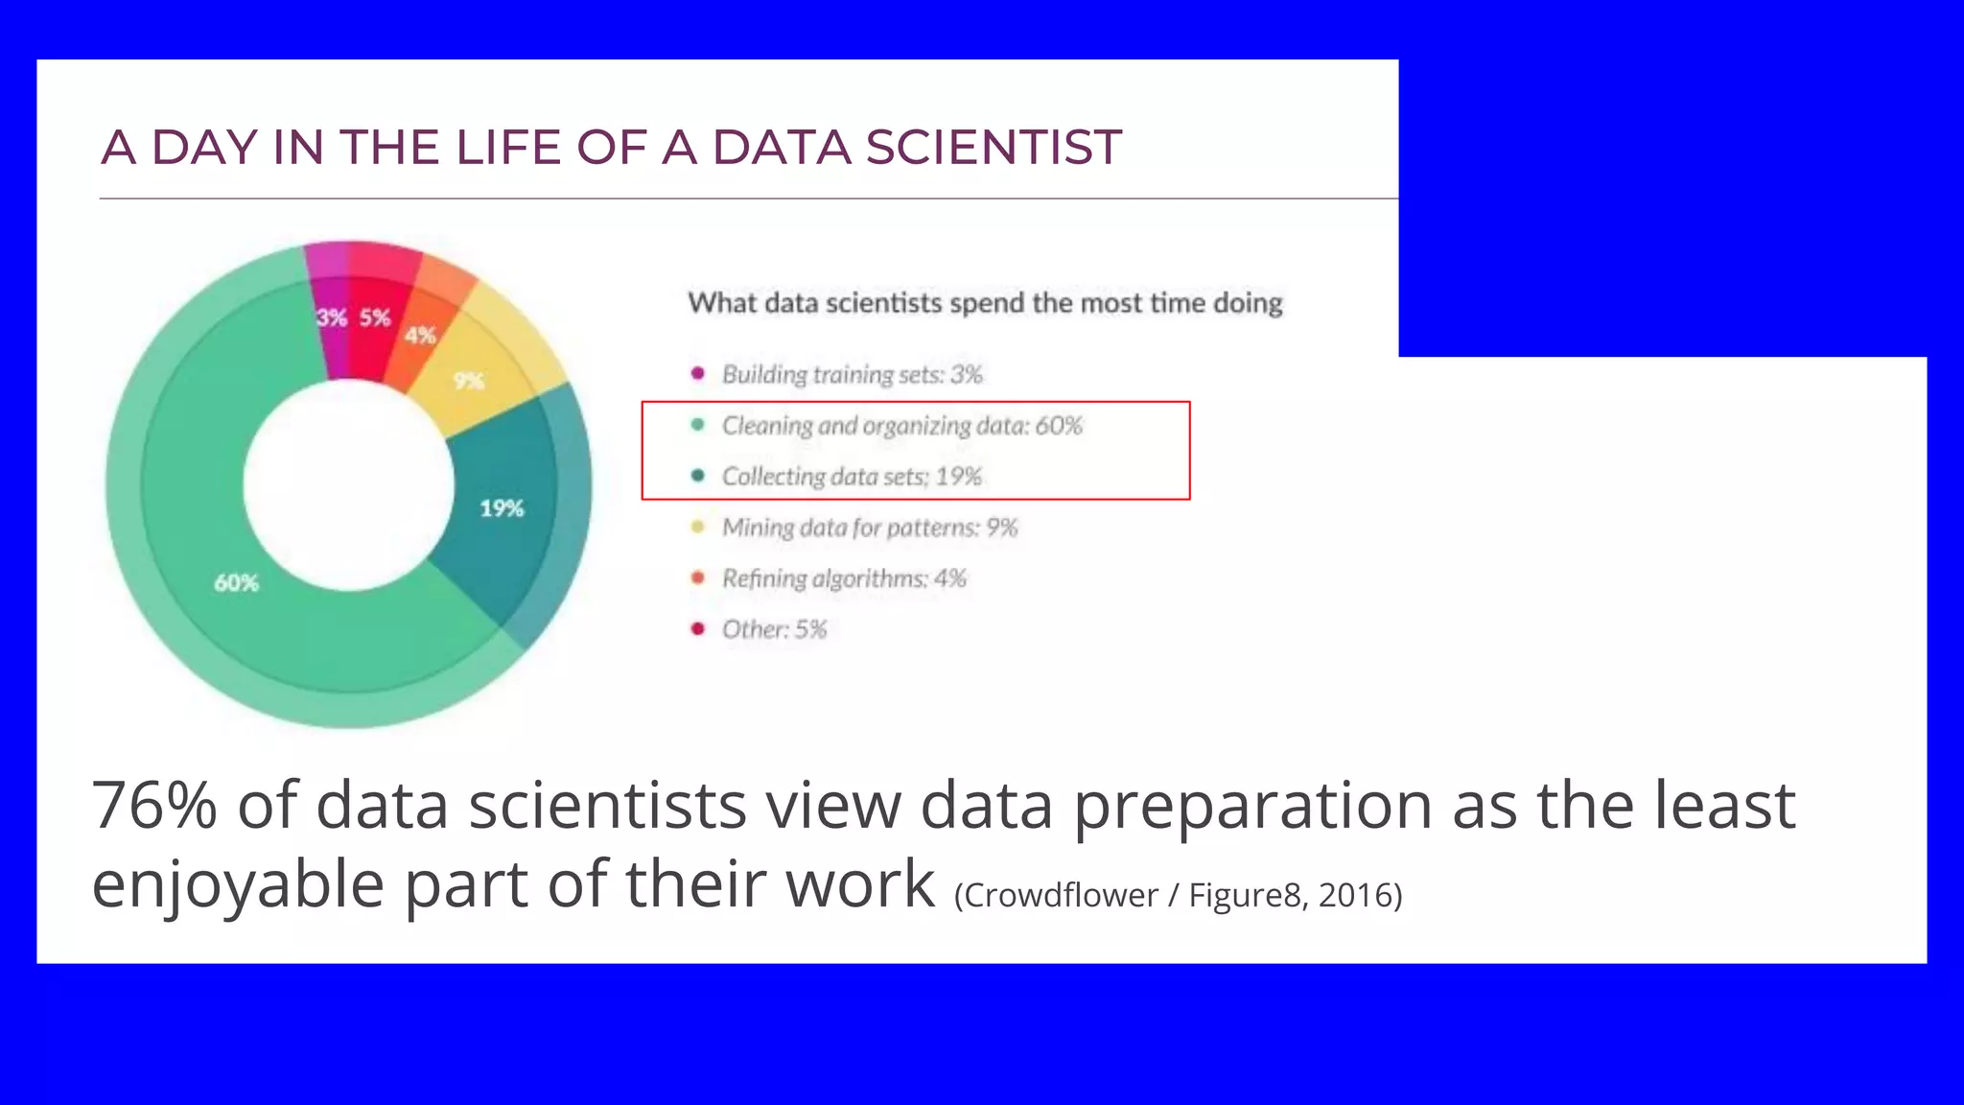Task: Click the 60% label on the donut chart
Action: tap(236, 582)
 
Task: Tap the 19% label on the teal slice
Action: tap(502, 507)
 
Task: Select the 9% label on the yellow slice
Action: tap(468, 381)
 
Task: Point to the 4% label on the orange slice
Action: tap(420, 335)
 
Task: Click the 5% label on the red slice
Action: tap(375, 317)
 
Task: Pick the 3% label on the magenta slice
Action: tap(332, 317)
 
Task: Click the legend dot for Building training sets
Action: tap(698, 373)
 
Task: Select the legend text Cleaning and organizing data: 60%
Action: tap(901, 425)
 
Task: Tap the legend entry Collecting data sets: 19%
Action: tap(852, 476)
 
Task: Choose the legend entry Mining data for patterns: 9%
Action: tap(869, 527)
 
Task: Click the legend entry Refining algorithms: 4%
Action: tap(844, 577)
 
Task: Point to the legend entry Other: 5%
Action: tap(774, 628)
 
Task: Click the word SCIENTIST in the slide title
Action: tap(993, 148)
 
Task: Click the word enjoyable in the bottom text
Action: tap(238, 882)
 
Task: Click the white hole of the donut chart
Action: tap(348, 484)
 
